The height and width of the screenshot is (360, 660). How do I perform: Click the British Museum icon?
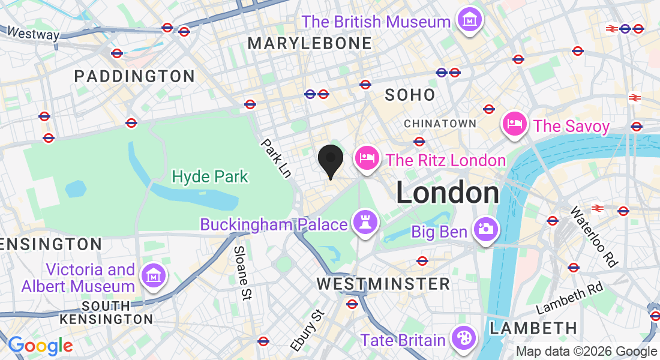[x=470, y=20]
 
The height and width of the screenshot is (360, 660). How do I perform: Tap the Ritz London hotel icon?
[x=367, y=158]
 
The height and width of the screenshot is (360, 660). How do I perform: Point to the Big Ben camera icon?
[x=485, y=230]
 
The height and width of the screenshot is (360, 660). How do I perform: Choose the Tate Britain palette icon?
[x=463, y=339]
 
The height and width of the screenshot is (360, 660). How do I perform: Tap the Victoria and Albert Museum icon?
[x=153, y=275]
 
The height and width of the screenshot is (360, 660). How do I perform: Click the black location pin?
[x=330, y=160]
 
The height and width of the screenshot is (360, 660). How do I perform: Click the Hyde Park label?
[x=210, y=176]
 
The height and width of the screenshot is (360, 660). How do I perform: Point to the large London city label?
[x=448, y=193]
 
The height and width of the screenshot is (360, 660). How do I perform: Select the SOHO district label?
[x=410, y=95]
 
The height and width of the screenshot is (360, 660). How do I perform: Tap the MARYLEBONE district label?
[x=310, y=43]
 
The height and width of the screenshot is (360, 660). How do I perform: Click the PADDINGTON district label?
[x=134, y=76]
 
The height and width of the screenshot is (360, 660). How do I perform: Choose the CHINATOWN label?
[x=440, y=124]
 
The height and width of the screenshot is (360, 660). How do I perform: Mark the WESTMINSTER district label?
[x=383, y=284]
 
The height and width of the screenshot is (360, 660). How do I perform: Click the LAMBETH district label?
[x=533, y=328]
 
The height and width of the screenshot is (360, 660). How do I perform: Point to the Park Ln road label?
[x=277, y=158]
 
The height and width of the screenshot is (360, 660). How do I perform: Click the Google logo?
[x=40, y=346]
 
